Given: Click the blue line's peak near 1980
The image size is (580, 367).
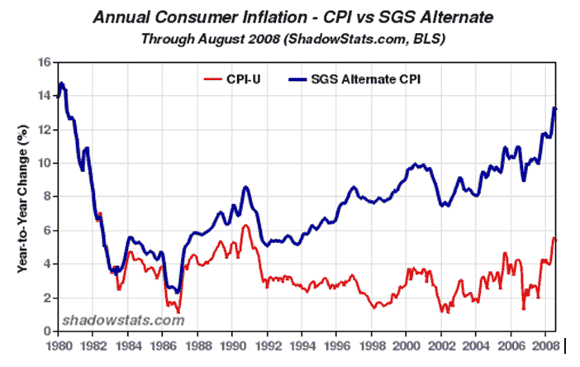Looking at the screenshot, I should point(61,83).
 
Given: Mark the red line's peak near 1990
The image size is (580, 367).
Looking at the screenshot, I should point(245,226).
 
